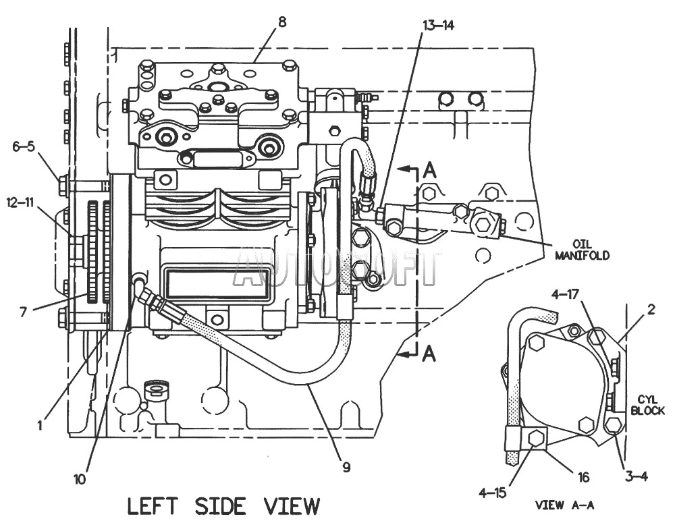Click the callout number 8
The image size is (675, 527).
pos(281,22)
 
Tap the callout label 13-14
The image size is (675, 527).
pos(438,26)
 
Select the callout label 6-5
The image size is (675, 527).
pos(24,146)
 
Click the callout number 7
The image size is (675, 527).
pos(24,311)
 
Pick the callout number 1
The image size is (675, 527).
pos(40,425)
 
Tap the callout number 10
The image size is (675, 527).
pos(80,479)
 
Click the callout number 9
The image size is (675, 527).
pos(346,467)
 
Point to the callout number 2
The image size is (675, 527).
pos(651,309)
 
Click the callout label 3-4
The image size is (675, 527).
pos(635,476)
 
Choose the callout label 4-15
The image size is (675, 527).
pos(493,493)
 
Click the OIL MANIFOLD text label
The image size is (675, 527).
pos(582,250)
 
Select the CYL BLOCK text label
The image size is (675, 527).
pos(647,406)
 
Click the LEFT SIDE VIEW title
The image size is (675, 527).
pos(223,506)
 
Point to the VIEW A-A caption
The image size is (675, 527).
pos(564,505)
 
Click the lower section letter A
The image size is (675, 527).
pos(429,354)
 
